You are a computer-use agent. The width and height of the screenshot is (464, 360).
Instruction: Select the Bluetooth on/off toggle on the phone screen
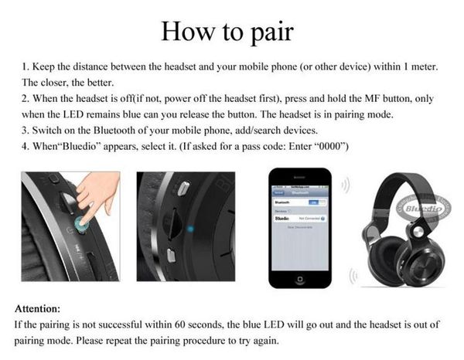(x=312, y=202)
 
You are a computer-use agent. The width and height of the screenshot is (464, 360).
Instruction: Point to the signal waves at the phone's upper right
(x=346, y=185)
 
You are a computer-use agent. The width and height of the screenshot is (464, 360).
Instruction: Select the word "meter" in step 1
(x=422, y=67)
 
